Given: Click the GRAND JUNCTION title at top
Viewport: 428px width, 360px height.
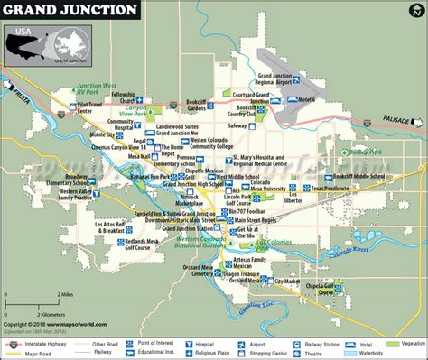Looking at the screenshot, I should tap(71, 11).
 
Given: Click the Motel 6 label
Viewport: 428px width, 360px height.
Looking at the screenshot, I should tap(332, 100).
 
